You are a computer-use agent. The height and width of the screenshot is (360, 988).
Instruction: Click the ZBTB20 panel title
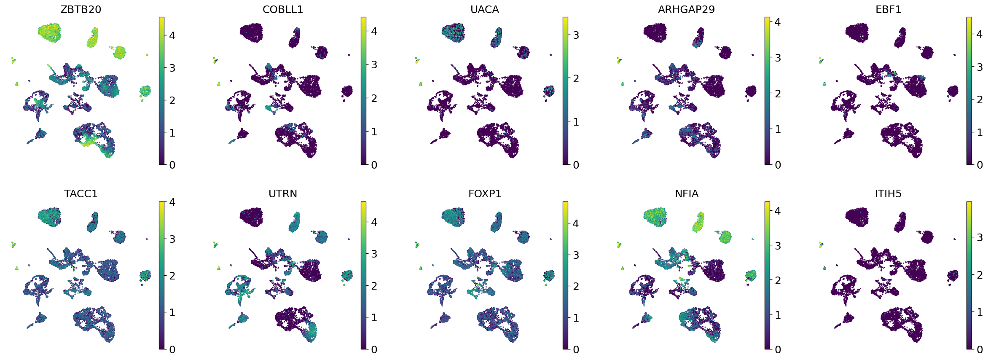81,10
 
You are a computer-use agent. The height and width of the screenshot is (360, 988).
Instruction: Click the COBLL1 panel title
282,10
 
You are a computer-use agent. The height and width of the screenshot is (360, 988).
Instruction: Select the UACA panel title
484,10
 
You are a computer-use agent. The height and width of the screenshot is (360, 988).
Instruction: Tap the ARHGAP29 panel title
686,10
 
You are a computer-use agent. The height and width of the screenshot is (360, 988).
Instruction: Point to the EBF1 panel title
888,10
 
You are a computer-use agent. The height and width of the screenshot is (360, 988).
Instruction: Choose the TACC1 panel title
81,194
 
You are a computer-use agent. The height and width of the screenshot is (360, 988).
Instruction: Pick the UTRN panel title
282,194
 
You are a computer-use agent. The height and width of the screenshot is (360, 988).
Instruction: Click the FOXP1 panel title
484,194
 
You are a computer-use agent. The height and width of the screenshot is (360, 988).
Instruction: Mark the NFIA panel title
686,194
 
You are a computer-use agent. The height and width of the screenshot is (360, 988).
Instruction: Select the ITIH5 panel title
888,194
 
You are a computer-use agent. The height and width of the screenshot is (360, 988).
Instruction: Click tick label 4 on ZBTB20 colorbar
172,35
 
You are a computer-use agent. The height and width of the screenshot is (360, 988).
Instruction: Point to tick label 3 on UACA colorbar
576,35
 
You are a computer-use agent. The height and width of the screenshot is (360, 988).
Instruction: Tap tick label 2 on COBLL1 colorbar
374,98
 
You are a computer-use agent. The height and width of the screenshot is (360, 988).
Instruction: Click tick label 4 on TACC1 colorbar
172,202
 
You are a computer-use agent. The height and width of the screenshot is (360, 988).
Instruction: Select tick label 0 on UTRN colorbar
374,349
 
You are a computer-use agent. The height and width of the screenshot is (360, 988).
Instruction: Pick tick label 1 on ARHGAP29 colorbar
778,129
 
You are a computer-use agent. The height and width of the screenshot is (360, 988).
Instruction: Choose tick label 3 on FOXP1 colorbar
576,255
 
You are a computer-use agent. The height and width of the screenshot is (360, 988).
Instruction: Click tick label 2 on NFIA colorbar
778,280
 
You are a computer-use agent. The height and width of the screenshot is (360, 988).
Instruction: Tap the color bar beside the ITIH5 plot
969,275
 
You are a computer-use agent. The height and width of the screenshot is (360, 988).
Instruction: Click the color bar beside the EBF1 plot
969,91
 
